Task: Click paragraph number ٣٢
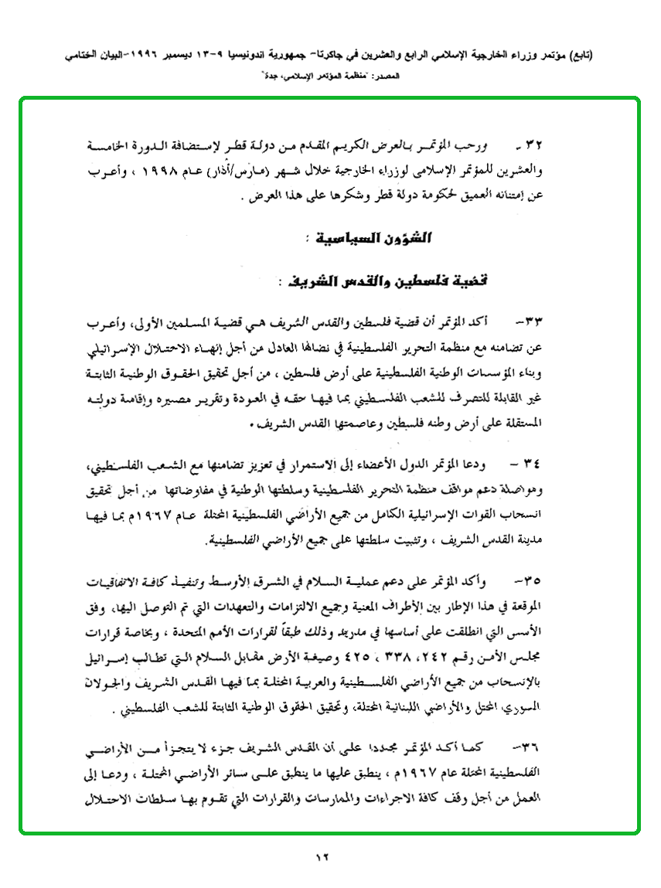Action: pyautogui.click(x=536, y=145)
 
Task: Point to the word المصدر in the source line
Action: pyautogui.click(x=379, y=78)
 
